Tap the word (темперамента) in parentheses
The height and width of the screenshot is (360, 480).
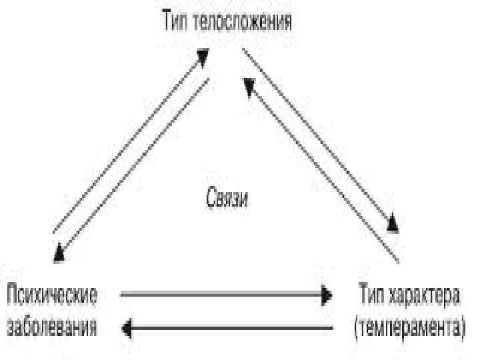[x=409, y=328]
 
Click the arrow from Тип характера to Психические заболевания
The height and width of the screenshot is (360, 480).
[x=227, y=327]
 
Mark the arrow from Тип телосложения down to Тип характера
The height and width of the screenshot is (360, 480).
[x=320, y=137]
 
